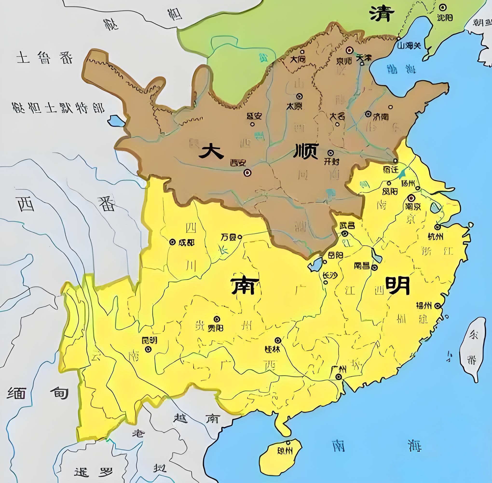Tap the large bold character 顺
pos(306,151)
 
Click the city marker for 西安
pos(247,173)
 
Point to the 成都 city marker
pos(172,242)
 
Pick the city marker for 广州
pos(338,377)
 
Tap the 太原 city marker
pos(300,96)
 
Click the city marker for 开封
pos(330,153)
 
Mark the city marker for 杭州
pos(437,227)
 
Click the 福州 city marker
pos(437,306)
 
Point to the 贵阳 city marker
pos(217,319)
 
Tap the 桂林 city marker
pos(278,340)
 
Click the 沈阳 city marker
pos(443,8)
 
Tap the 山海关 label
pos(409,46)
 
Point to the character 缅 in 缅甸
pos(16,393)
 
